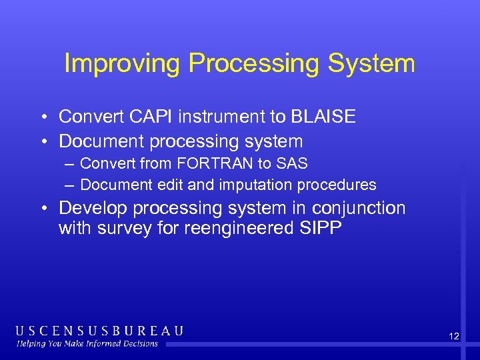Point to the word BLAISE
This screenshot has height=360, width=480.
[x=323, y=117]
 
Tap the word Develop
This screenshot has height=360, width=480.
[x=93, y=208]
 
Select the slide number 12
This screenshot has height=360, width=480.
[x=453, y=337]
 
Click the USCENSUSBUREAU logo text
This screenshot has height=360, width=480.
[x=99, y=331]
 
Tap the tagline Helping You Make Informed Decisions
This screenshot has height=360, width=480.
[x=87, y=344]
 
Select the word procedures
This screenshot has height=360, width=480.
[x=341, y=185]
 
